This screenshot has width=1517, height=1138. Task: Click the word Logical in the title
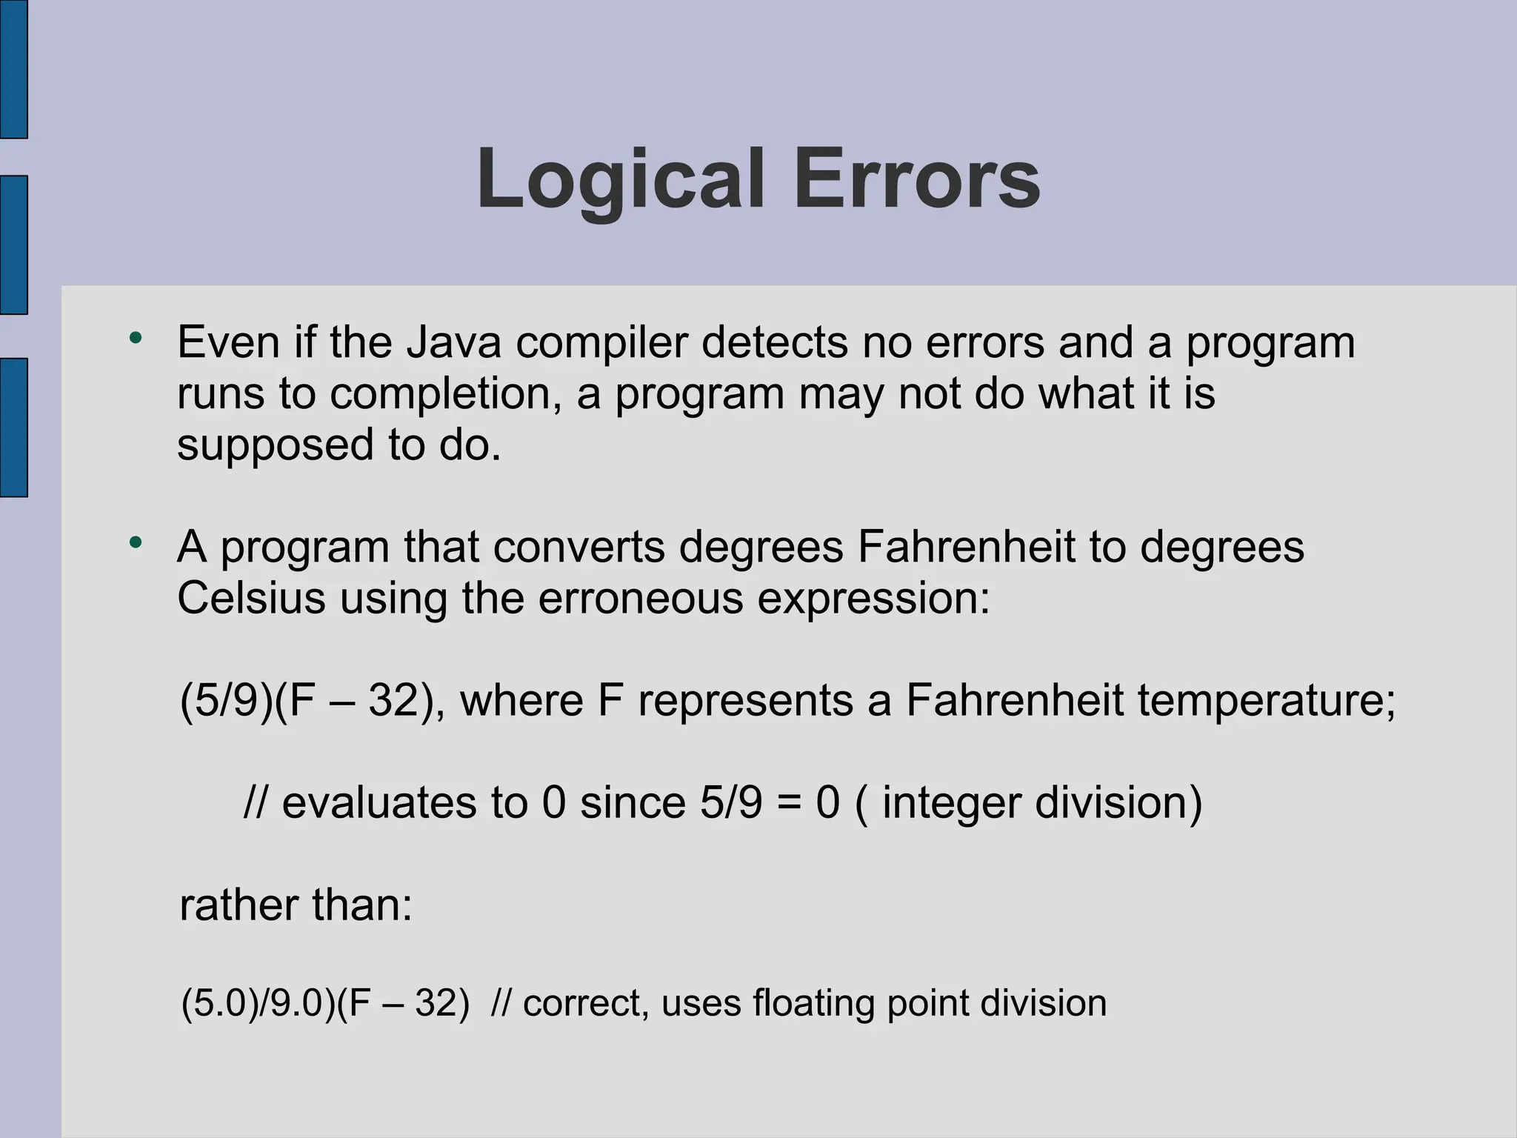pyautogui.click(x=619, y=180)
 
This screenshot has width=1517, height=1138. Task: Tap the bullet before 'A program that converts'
pyautogui.click(x=135, y=543)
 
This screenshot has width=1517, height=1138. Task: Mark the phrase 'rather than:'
pyautogui.click(x=296, y=905)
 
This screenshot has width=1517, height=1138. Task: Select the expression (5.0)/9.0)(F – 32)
pyautogui.click(x=325, y=1004)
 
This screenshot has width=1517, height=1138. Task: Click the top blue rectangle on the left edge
pyautogui.click(x=13, y=69)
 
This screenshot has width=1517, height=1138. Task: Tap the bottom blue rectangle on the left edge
pyautogui.click(x=13, y=427)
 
